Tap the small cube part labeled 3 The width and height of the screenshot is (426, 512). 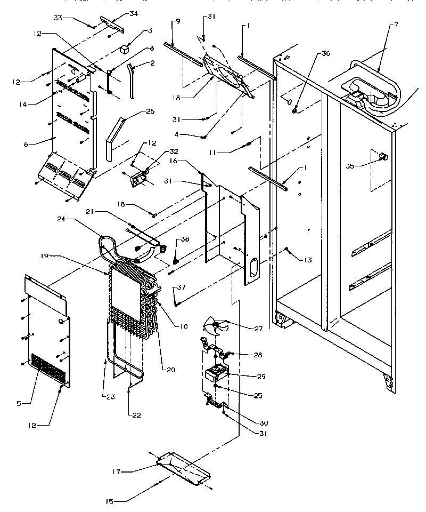click(125, 49)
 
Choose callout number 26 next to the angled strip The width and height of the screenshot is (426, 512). click(150, 111)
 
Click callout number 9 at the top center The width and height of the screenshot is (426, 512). click(177, 21)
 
